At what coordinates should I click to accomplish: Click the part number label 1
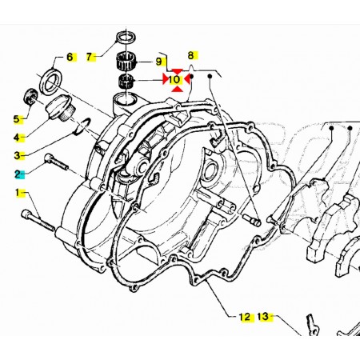18,193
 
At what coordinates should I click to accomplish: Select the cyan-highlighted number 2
18,174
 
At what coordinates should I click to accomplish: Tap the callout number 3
17,155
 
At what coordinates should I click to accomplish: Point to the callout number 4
17,138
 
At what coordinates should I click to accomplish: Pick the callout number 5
17,119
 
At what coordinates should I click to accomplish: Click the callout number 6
70,57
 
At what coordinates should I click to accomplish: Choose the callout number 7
89,57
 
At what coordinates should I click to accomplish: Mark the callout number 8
190,55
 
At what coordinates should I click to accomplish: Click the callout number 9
158,62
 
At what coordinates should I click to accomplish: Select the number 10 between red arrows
174,79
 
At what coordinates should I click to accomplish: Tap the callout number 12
245,317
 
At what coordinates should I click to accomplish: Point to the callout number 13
263,317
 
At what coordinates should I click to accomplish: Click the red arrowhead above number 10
178,71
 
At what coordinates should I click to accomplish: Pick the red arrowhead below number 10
178,89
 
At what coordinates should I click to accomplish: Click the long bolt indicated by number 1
38,220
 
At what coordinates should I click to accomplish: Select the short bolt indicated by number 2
56,162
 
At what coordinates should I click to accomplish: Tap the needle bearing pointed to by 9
126,62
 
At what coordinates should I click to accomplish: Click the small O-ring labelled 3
82,126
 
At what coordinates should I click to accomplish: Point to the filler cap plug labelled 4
61,109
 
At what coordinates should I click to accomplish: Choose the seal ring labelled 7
126,37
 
